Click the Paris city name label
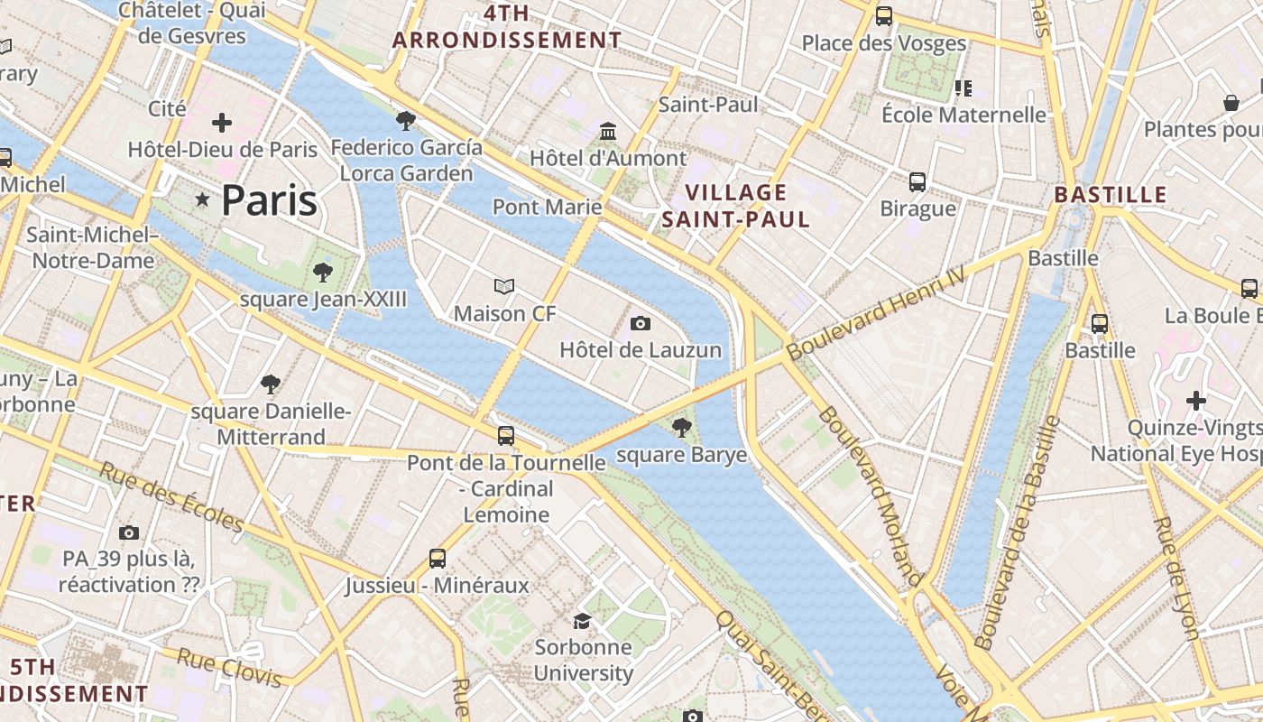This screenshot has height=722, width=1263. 269,200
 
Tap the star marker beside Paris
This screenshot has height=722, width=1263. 203,199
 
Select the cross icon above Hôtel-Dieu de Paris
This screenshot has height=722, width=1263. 222,122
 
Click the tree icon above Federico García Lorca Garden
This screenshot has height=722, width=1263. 406,120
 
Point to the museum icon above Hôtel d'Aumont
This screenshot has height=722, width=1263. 608,132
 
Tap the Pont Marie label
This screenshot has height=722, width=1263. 547,208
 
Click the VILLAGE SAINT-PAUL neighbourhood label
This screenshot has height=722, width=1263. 736,206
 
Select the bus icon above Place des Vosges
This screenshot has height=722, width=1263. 884,16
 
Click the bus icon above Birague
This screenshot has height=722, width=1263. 917,182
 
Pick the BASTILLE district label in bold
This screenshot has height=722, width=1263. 1111,195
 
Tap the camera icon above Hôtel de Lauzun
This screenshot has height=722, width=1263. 641,323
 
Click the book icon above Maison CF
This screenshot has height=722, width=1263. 504,287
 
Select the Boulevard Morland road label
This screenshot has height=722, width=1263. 870,495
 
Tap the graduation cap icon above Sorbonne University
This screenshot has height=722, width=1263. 583,621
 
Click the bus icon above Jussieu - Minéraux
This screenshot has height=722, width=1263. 438,558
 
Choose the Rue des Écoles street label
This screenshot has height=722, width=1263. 171,498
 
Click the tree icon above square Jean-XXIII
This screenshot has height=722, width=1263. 323,273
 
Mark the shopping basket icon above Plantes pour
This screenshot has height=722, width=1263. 1231,103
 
